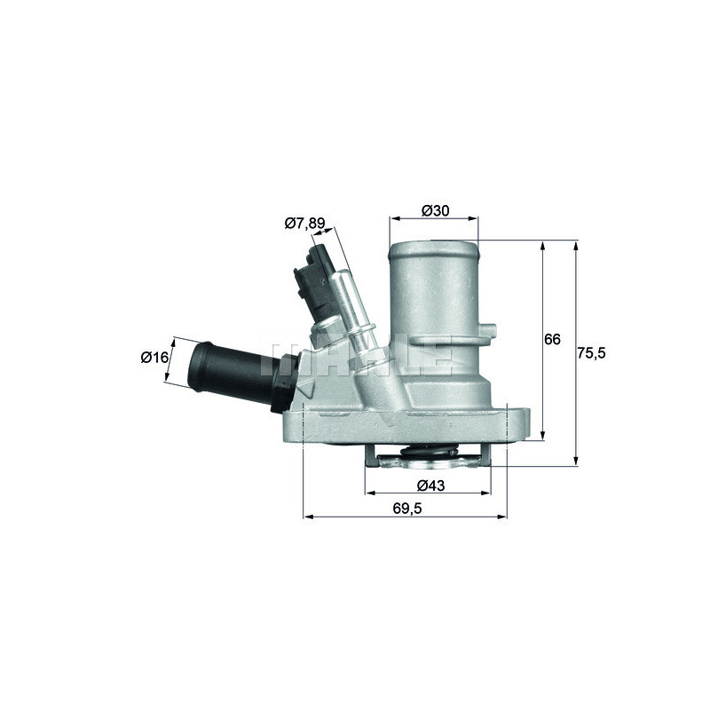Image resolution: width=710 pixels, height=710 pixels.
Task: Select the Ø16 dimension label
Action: coord(154,358)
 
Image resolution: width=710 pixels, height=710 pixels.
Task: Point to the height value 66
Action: coord(552,340)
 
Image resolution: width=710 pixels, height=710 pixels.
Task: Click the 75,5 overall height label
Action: coord(591,352)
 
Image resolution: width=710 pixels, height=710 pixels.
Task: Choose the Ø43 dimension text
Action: coord(430,485)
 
